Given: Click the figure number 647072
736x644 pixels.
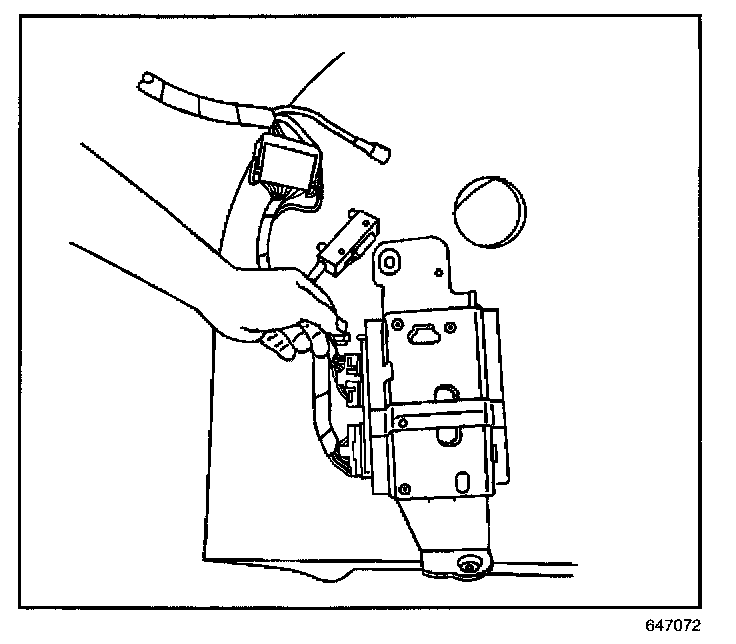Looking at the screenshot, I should (x=674, y=625).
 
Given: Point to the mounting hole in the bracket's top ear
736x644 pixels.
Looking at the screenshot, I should (x=388, y=261).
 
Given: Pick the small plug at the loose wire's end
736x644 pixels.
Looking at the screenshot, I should (x=379, y=154).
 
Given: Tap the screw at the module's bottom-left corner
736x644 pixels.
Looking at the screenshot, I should (x=405, y=488).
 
